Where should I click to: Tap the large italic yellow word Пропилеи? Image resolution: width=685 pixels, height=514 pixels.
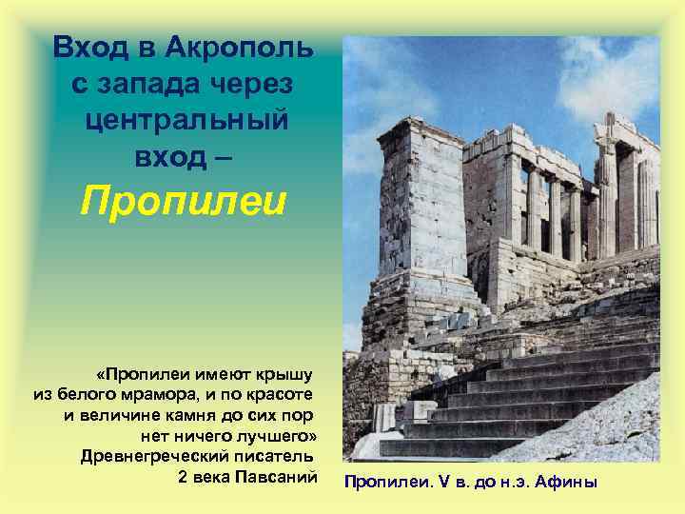coord(184,202)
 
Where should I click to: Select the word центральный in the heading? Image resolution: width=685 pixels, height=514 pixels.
coord(186,122)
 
